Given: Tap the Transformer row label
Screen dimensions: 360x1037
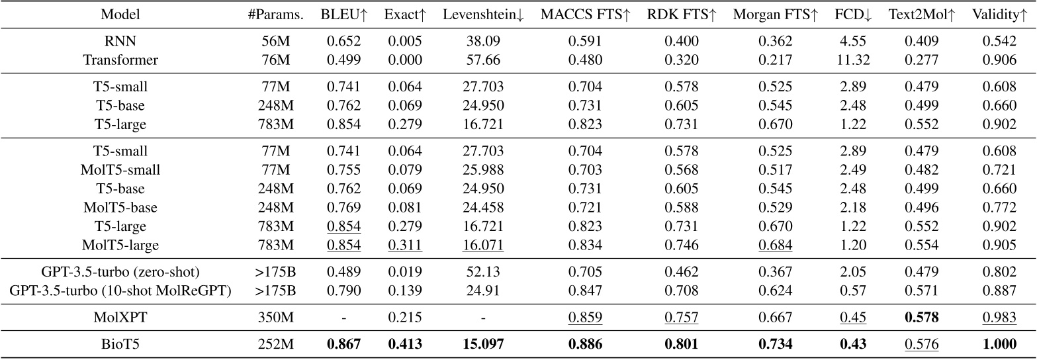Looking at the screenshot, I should point(121,60).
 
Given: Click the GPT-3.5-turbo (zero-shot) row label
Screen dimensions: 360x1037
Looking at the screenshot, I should point(121,271).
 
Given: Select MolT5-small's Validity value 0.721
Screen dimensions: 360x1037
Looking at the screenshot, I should point(999,169).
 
